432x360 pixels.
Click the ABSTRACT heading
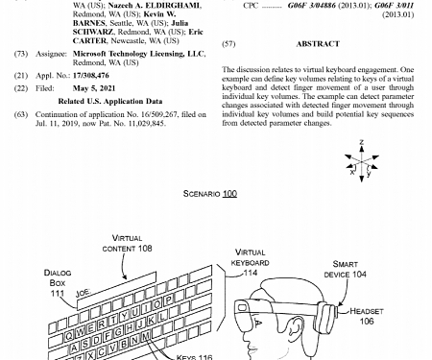coord(317,44)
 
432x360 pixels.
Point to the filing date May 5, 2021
coord(94,87)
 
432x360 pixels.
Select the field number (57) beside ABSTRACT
coord(228,44)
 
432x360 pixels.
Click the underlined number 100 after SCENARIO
coord(229,194)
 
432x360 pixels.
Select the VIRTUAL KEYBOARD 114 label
coord(250,262)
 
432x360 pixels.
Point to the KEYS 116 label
coord(194,355)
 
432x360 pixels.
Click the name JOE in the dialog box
coord(83,290)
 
